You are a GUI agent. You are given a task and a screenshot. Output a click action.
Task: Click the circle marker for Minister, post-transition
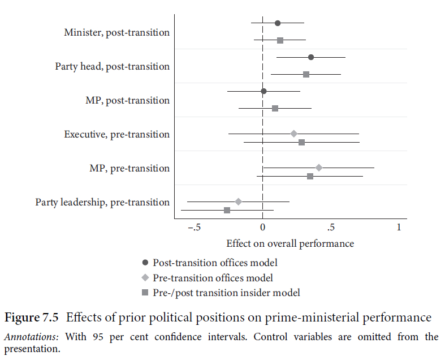coord(278,23)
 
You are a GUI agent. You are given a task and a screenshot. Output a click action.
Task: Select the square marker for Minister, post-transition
coord(280,40)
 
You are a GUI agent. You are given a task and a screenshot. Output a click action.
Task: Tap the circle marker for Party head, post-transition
coord(311,57)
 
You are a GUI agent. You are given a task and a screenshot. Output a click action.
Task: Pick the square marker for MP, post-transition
coord(275,108)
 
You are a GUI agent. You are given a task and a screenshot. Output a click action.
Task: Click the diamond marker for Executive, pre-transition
coord(294,134)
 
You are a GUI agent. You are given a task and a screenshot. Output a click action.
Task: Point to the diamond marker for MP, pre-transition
coord(319,168)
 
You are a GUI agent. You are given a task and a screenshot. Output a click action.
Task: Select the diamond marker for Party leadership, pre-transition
coord(238,202)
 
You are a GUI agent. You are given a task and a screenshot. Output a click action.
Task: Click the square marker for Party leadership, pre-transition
coord(227,210)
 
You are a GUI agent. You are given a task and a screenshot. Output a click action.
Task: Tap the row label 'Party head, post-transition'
coord(112,66)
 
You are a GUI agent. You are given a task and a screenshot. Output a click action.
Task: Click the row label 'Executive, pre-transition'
coord(116,134)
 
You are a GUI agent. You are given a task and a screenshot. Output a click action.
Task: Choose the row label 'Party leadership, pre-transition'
coord(102,202)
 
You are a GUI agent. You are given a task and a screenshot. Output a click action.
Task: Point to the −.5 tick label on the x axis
coord(193,228)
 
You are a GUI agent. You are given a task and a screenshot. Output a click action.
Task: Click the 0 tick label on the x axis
coord(262,228)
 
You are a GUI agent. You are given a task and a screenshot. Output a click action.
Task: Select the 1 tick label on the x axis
coord(399,228)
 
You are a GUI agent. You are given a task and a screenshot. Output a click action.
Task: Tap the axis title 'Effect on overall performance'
coord(290,243)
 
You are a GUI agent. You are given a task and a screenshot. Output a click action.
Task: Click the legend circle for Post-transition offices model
coord(145,263)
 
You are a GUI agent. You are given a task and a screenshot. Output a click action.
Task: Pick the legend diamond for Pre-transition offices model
coord(145,278)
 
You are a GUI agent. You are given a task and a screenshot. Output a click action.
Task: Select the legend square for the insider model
coord(145,293)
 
